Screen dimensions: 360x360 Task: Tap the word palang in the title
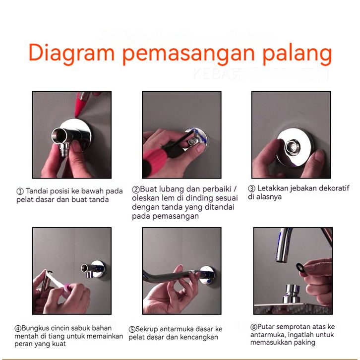pyautogui.click(x=297, y=54)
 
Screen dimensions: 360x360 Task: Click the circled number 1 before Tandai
pyautogui.click(x=20, y=191)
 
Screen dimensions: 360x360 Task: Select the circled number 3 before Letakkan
pyautogui.click(x=251, y=189)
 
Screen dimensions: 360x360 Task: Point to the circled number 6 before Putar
pyautogui.click(x=253, y=327)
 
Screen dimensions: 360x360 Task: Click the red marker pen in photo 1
pyautogui.click(x=82, y=103)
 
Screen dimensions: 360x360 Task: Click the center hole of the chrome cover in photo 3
pyautogui.click(x=292, y=147)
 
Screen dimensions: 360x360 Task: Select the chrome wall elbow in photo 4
pyautogui.click(x=93, y=270)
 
